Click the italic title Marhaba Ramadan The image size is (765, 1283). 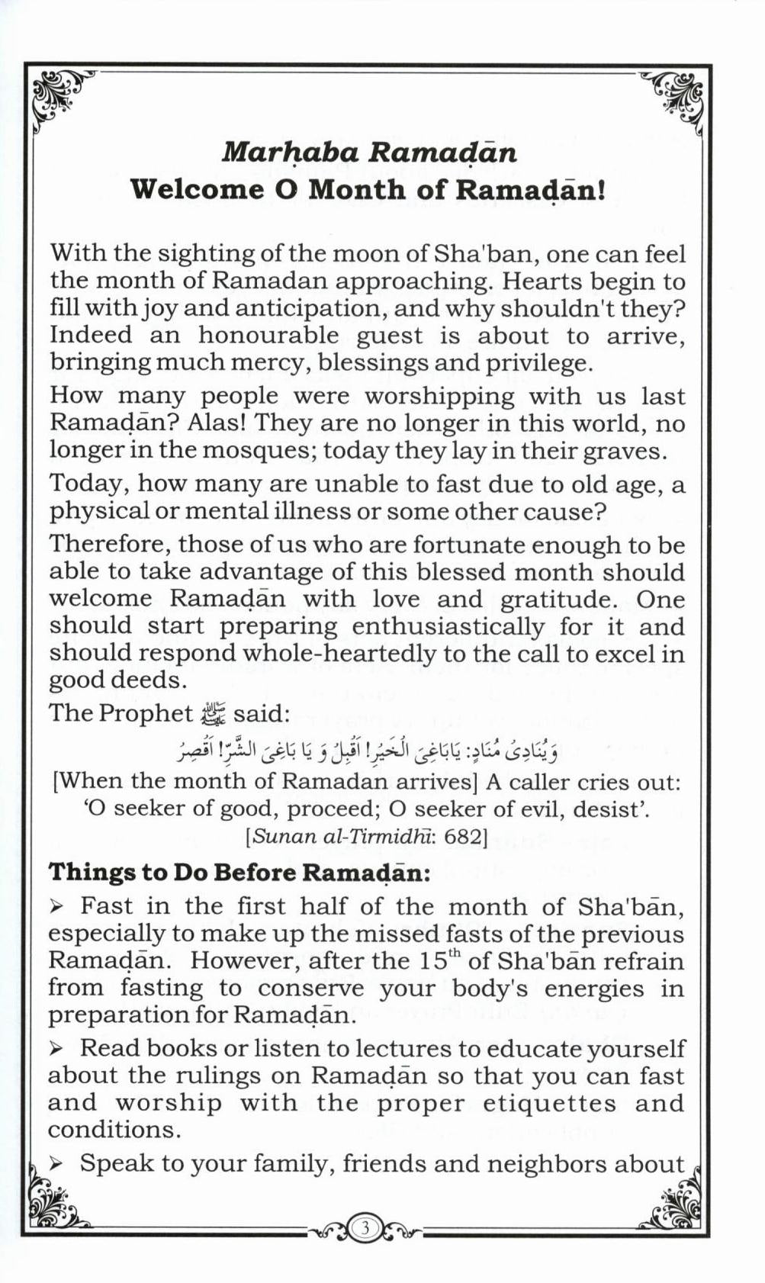pyautogui.click(x=369, y=153)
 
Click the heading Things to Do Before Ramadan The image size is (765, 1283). pyautogui.click(x=239, y=872)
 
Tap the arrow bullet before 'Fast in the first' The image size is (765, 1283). pyautogui.click(x=56, y=907)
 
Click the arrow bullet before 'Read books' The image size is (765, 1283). pyautogui.click(x=56, y=1049)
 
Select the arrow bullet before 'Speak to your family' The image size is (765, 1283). pyautogui.click(x=56, y=1164)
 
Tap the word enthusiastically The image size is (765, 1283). pyautogui.click(x=448, y=626)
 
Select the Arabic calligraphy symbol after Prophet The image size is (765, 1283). pyautogui.click(x=208, y=714)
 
